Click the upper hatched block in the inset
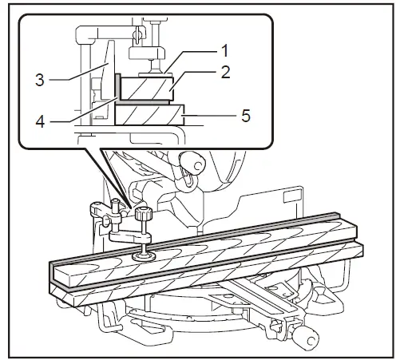(x=145, y=88)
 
